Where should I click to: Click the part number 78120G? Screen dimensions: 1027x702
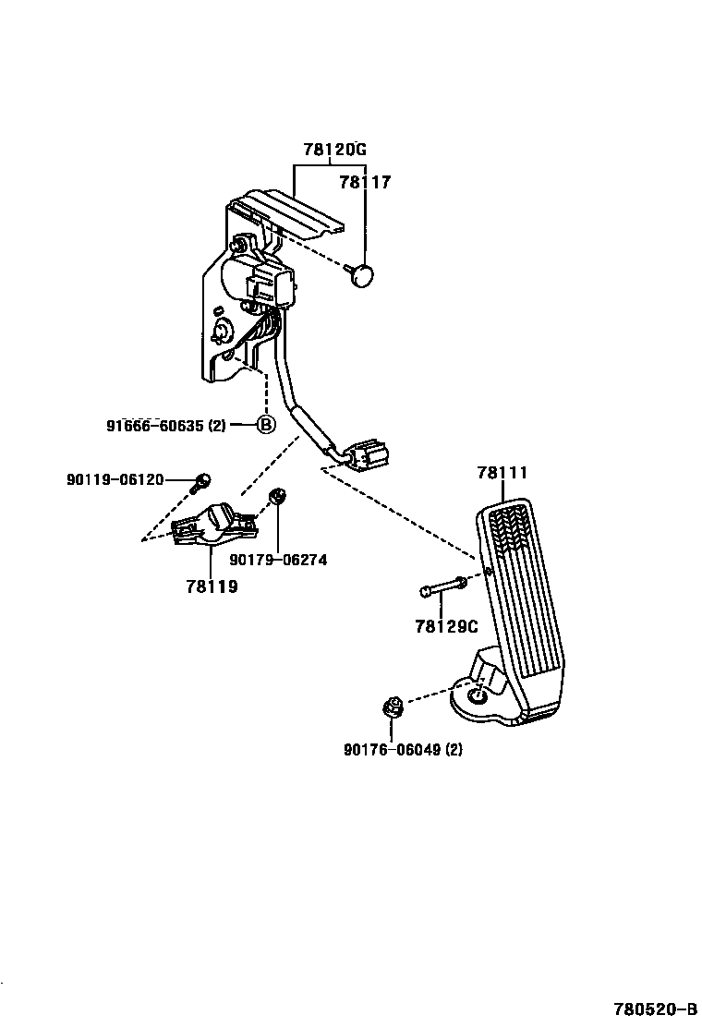click(x=334, y=150)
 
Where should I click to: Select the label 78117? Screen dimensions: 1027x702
click(x=365, y=182)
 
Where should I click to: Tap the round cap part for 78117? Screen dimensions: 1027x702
click(x=364, y=273)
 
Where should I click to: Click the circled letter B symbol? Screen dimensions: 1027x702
click(x=265, y=425)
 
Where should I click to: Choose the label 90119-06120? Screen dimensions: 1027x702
click(x=115, y=479)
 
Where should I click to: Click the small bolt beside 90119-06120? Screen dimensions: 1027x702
click(x=202, y=479)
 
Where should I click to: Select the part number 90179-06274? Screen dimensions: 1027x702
click(x=278, y=560)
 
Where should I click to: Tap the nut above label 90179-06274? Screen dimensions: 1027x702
click(x=275, y=499)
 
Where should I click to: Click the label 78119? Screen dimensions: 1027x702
click(x=211, y=586)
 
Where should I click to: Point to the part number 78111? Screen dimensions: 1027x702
click(x=502, y=473)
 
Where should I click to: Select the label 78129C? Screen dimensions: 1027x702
click(x=445, y=627)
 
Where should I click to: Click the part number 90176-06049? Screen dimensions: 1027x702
click(x=403, y=750)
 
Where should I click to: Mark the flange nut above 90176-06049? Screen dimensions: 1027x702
click(x=391, y=709)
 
